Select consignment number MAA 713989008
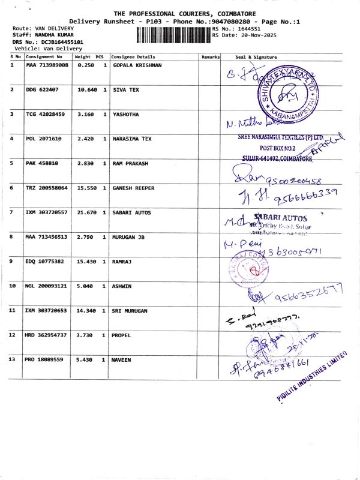(x=47, y=65)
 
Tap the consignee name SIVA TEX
(x=126, y=89)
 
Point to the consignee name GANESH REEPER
(x=134, y=188)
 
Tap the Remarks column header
(x=211, y=56)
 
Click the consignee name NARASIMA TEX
(x=133, y=139)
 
